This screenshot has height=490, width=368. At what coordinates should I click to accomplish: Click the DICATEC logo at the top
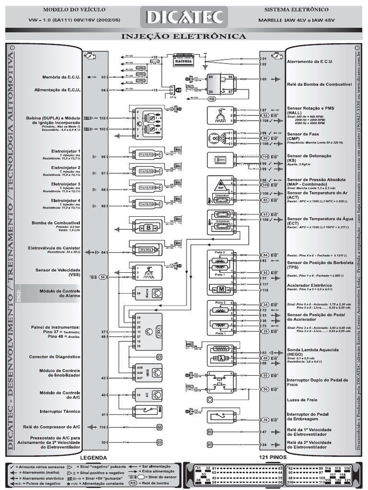(x=184, y=18)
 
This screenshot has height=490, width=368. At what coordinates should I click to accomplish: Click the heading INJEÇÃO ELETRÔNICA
(x=184, y=36)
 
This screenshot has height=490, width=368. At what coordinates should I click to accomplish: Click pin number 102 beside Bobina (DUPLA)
(x=102, y=117)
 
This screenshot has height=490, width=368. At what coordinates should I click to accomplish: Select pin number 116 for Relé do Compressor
(x=102, y=426)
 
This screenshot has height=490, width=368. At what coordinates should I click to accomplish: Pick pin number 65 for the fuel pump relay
(x=264, y=79)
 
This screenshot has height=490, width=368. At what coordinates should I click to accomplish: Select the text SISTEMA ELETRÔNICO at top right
(x=297, y=9)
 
